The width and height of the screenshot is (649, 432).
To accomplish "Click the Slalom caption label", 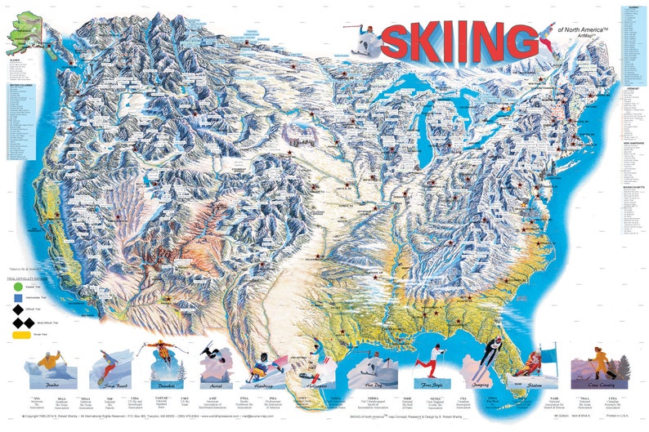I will point(536,382).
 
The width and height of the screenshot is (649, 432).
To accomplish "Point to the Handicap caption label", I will point(263,383).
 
